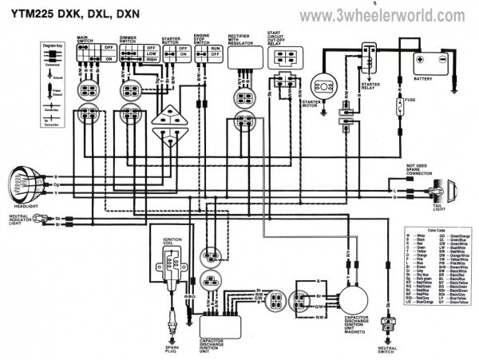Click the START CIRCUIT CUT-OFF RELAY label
281,39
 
